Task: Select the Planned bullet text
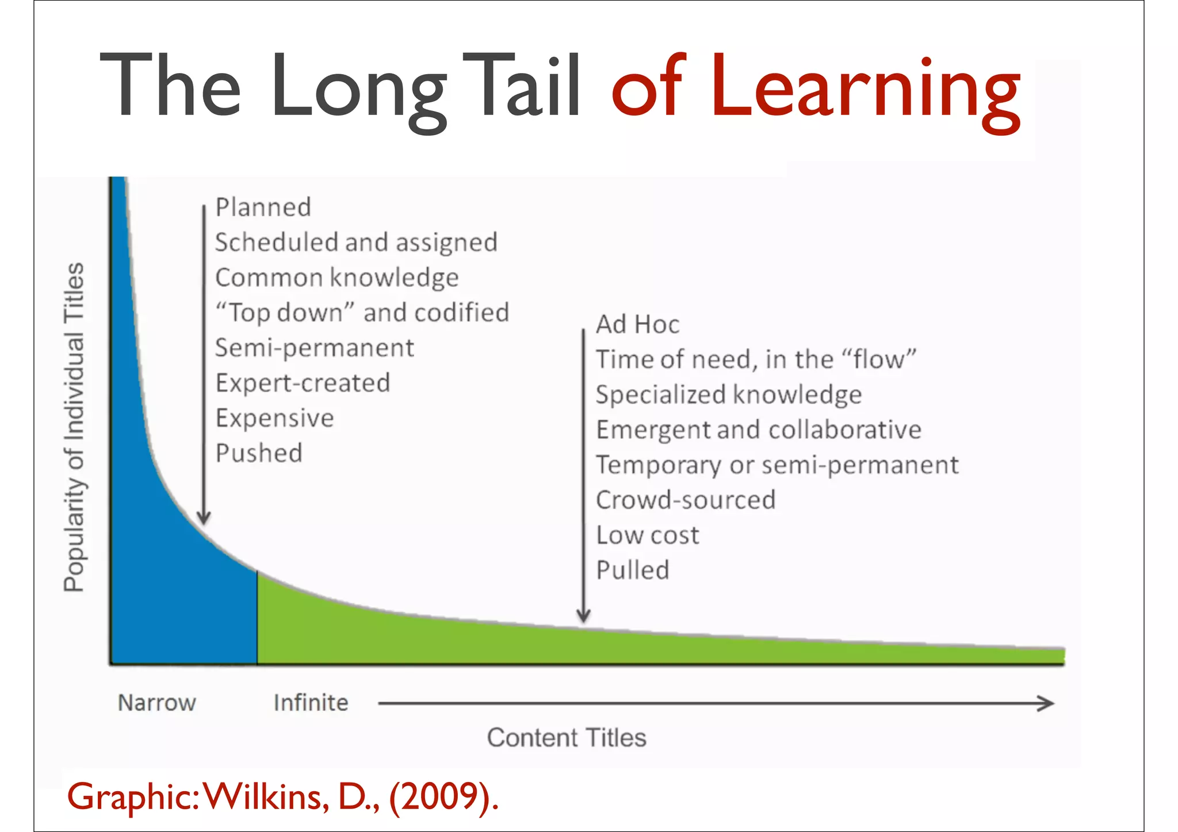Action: [263, 208]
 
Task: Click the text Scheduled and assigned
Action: [356, 243]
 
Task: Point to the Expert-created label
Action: [303, 383]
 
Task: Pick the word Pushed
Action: [259, 453]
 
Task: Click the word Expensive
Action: [274, 418]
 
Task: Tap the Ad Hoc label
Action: [637, 325]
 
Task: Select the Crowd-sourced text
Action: [686, 500]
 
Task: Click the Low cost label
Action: [648, 535]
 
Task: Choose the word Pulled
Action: [633, 570]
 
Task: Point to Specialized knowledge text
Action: [729, 395]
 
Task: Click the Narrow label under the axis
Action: [157, 703]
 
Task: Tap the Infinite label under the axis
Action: [311, 703]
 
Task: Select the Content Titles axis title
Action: [567, 738]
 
